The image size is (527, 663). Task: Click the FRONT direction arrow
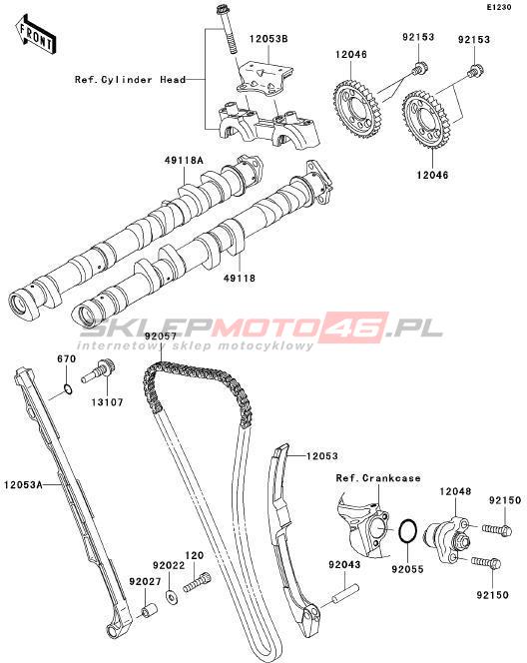(x=36, y=36)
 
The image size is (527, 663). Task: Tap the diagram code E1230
(x=498, y=7)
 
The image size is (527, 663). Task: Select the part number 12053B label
(x=268, y=39)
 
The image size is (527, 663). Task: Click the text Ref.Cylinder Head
(x=130, y=80)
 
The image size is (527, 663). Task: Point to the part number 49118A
(x=184, y=160)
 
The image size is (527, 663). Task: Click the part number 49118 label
(x=240, y=279)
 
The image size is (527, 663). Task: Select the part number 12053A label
(x=23, y=484)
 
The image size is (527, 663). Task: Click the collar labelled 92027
(x=149, y=610)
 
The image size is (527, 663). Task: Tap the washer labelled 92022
(x=172, y=597)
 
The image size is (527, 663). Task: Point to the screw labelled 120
(x=197, y=580)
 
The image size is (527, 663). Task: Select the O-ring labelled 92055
(x=408, y=530)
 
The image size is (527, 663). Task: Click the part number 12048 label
(x=455, y=491)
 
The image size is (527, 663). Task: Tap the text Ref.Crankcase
(x=378, y=478)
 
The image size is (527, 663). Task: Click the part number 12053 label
(x=322, y=455)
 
